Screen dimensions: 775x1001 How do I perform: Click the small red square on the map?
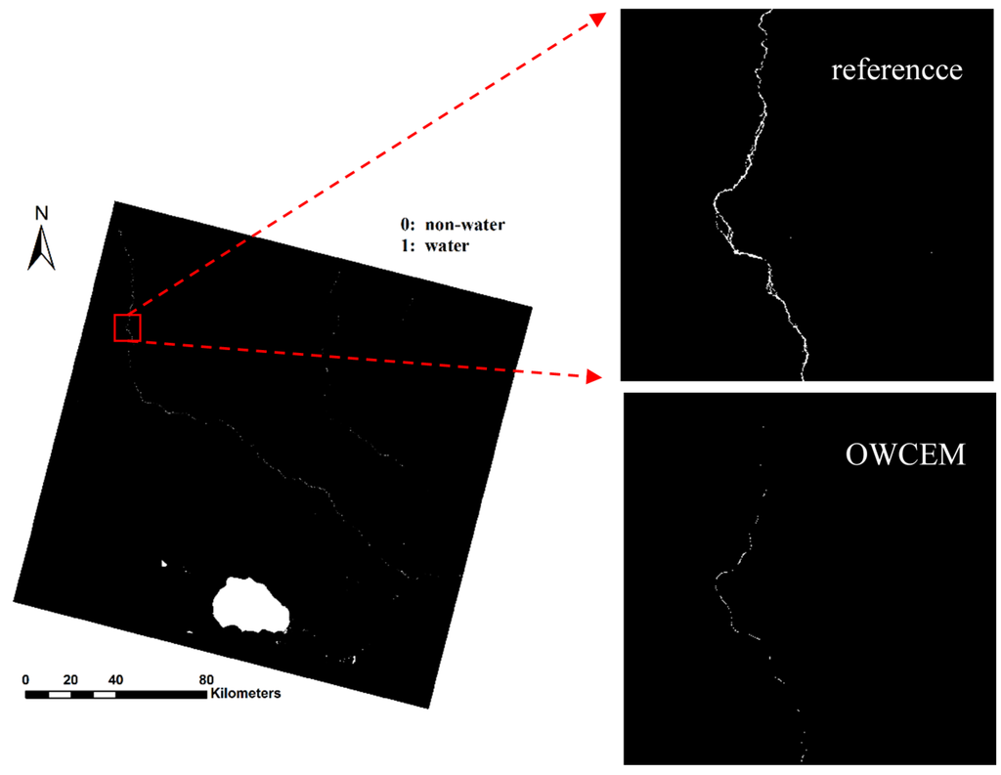click(x=127, y=327)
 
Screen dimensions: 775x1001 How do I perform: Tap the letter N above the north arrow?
click(x=41, y=213)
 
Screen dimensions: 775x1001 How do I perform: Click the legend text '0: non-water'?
click(x=445, y=225)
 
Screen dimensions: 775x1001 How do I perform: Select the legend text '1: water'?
click(x=430, y=245)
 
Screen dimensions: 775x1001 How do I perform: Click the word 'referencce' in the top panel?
click(x=896, y=70)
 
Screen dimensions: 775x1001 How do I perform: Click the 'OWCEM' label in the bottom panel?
click(x=905, y=454)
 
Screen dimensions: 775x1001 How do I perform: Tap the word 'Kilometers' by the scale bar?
click(x=244, y=694)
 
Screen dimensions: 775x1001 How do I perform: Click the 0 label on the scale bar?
click(x=26, y=679)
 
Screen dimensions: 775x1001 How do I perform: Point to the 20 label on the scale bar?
click(x=70, y=679)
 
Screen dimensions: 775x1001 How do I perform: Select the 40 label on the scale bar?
click(x=115, y=679)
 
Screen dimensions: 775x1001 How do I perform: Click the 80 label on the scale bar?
click(x=206, y=679)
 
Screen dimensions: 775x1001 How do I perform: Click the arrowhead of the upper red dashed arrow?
click(x=597, y=19)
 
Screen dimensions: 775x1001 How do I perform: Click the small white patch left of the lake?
click(x=163, y=563)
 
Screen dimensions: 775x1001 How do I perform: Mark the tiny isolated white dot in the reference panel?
click(x=932, y=253)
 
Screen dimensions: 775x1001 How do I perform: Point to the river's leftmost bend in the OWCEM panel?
click(x=717, y=583)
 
